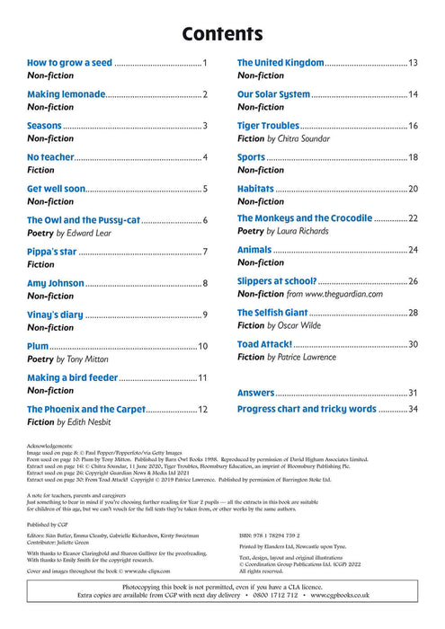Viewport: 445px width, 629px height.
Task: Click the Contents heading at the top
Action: tap(222, 34)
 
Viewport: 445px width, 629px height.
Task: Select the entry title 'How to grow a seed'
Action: tap(69, 63)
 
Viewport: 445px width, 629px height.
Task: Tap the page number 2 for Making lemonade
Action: tap(205, 94)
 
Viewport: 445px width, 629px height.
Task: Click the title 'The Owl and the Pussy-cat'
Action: tap(83, 219)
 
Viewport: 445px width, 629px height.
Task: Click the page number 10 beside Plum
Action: tap(202, 346)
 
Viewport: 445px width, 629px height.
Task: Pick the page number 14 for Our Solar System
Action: tap(414, 94)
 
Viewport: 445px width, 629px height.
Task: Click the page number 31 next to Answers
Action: tap(414, 393)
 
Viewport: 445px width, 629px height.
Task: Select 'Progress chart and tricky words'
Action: tap(307, 409)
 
